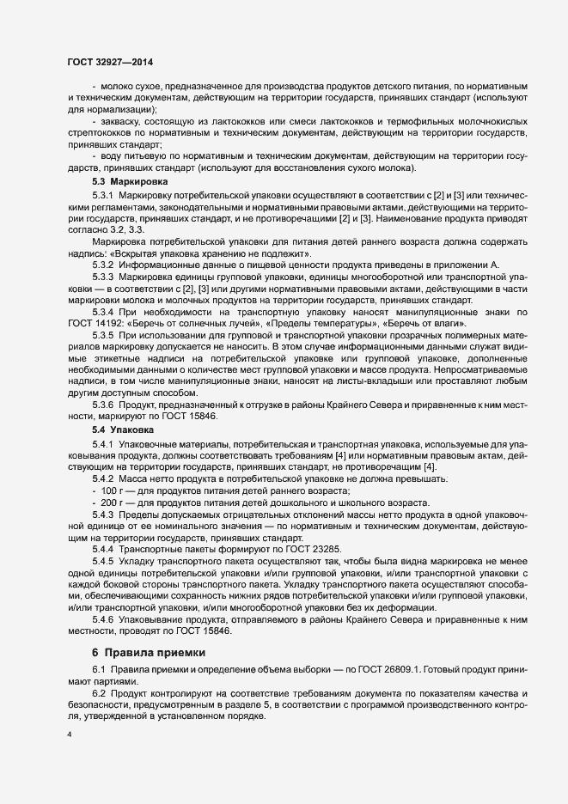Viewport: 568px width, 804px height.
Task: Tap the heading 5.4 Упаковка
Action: pos(123,428)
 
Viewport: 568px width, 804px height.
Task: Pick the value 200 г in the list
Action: pos(113,502)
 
